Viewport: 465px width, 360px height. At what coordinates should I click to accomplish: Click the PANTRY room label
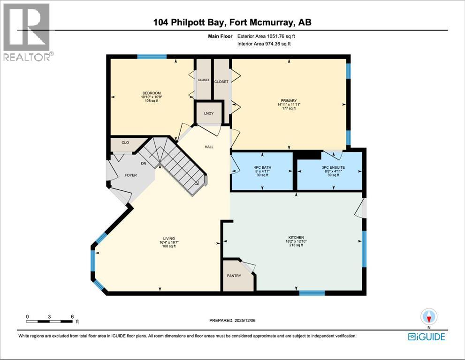click(234, 276)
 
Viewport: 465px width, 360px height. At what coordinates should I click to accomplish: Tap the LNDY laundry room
click(209, 113)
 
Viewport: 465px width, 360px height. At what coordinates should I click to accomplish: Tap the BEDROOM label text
click(152, 93)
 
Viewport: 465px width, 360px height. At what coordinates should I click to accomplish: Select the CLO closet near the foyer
click(125, 142)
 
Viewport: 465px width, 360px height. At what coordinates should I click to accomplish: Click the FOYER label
click(130, 175)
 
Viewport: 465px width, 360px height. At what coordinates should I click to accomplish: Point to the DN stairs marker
click(144, 163)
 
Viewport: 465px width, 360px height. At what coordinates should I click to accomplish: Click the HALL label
click(209, 147)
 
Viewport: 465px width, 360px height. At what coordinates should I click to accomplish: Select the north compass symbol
click(429, 317)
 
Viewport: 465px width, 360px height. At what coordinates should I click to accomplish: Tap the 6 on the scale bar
click(72, 317)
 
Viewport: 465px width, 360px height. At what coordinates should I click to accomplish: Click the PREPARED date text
click(232, 320)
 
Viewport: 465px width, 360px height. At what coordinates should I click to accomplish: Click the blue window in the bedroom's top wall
click(152, 57)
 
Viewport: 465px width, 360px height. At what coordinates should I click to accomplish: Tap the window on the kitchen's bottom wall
click(312, 293)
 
